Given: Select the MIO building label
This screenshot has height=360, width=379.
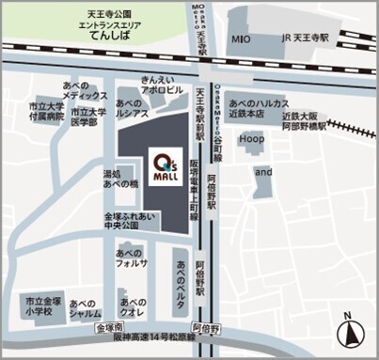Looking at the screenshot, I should point(241,41).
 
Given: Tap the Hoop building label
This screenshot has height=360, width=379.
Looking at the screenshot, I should point(249,137).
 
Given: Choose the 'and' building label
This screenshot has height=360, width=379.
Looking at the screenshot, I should point(262,173).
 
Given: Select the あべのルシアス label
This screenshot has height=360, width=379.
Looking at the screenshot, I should point(132,106).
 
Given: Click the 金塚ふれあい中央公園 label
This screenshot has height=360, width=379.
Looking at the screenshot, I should point(120,221).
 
